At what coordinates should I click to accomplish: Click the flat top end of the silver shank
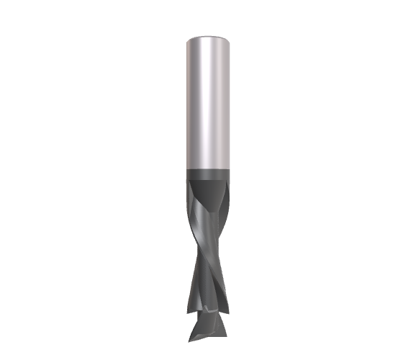coord(208,37)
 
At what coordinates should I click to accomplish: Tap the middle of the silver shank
coord(208,101)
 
